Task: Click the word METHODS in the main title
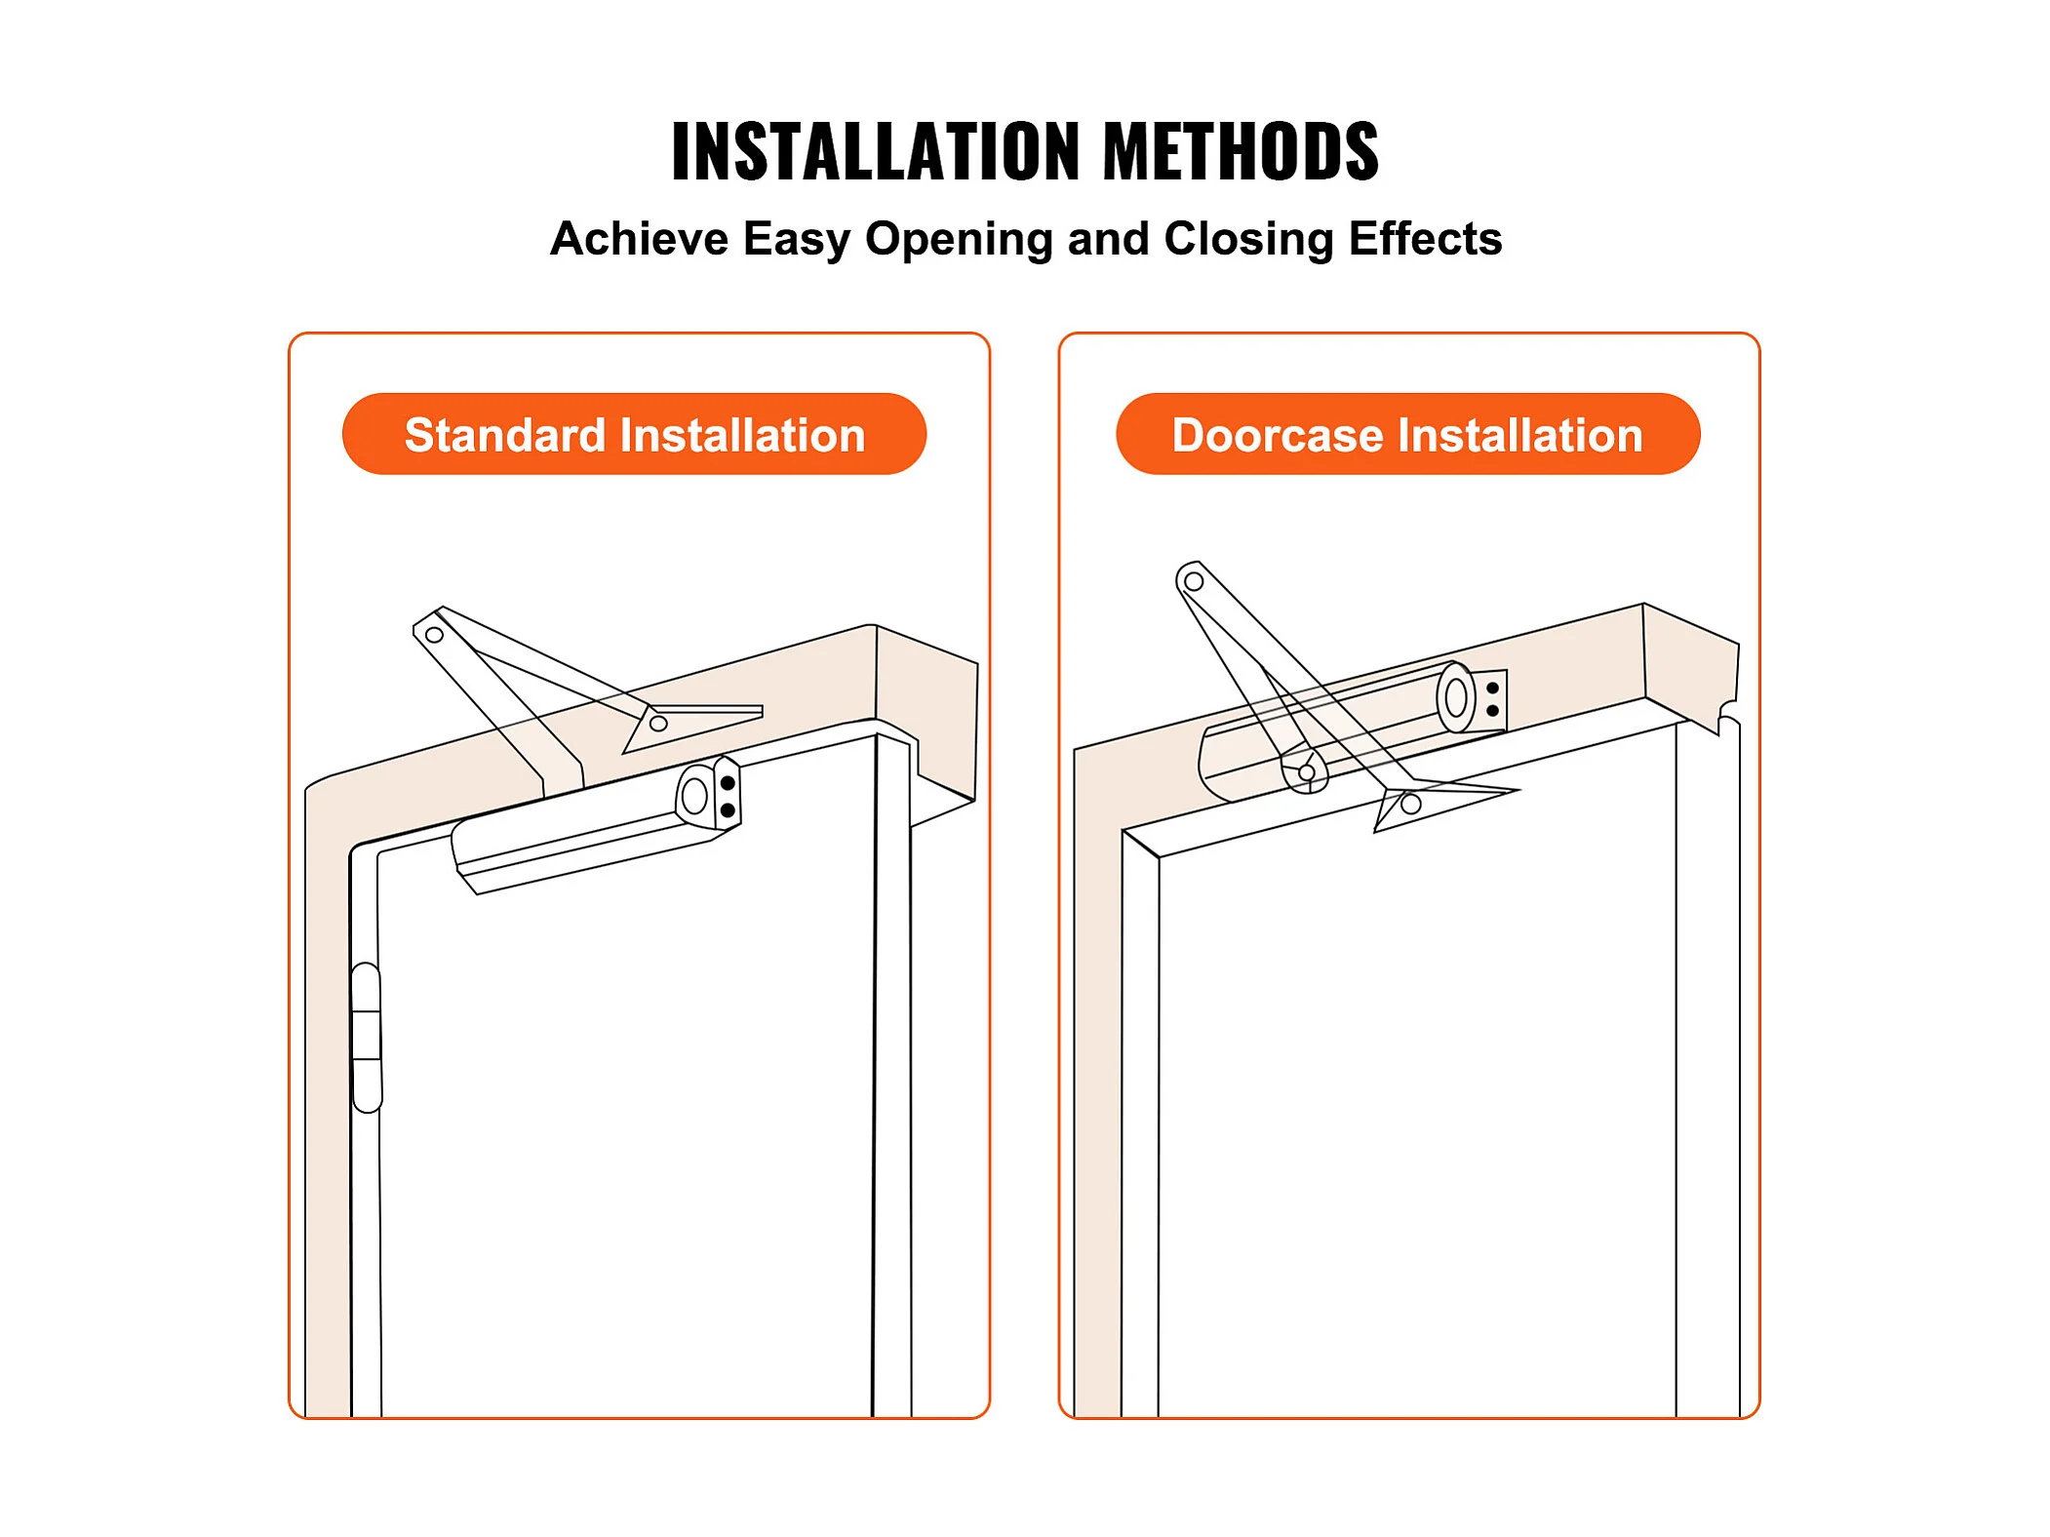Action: click(x=1241, y=151)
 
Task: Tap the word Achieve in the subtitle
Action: click(x=639, y=239)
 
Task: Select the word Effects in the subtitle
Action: click(x=1425, y=239)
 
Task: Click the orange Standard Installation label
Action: click(x=634, y=434)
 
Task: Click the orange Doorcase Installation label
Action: click(x=1407, y=434)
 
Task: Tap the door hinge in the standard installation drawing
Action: click(x=367, y=1037)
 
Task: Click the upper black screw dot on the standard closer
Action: click(x=728, y=783)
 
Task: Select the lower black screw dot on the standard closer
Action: click(x=728, y=810)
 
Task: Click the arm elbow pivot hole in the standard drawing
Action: click(x=435, y=635)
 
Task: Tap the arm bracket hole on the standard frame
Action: click(x=658, y=724)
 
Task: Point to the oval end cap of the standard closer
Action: click(x=694, y=796)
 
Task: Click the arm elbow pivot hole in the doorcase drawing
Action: click(x=1194, y=581)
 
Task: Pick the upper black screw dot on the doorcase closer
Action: click(x=1492, y=689)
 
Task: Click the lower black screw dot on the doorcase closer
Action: click(x=1492, y=711)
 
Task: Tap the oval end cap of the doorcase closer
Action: click(x=1456, y=697)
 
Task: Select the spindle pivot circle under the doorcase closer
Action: click(x=1307, y=772)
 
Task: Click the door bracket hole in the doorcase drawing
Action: click(x=1410, y=805)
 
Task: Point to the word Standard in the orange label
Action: click(x=505, y=435)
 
